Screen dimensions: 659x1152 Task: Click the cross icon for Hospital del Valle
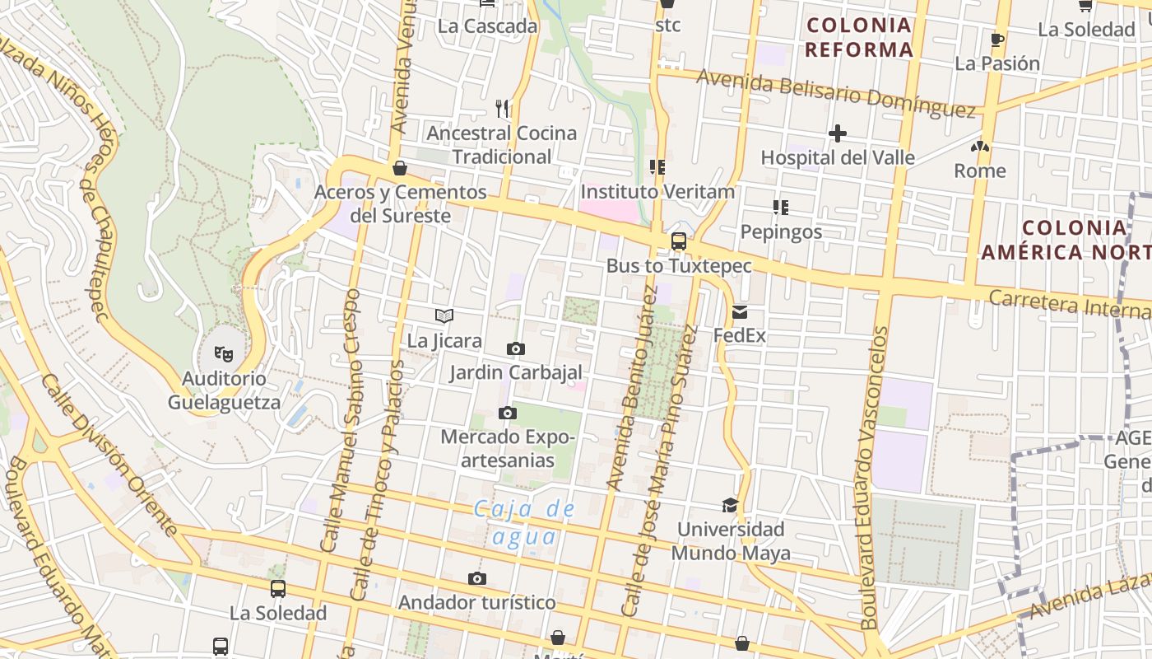(838, 133)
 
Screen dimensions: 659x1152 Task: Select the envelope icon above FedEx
(739, 312)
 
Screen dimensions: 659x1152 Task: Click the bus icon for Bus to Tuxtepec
(679, 241)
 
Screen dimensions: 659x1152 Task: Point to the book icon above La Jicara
(444, 315)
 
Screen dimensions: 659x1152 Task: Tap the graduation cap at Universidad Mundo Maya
(730, 505)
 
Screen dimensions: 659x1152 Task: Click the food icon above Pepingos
(780, 208)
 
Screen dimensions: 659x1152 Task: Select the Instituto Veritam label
(657, 192)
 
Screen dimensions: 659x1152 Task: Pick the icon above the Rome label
(979, 147)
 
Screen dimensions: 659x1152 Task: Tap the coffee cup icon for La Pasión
(997, 40)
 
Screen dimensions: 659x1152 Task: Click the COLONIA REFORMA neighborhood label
(859, 38)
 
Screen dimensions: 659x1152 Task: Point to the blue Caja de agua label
(524, 523)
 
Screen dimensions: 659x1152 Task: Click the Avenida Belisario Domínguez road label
(835, 92)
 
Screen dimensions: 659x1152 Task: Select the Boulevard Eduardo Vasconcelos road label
(874, 478)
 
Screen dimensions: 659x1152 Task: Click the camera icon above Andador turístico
(477, 579)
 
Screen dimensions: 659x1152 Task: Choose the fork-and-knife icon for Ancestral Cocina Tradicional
(502, 108)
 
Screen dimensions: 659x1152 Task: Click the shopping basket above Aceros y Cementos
(400, 168)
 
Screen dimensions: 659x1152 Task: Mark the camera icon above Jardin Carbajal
(516, 348)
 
